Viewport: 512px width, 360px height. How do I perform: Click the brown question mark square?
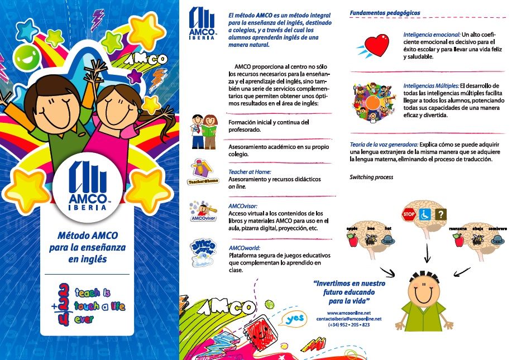441,214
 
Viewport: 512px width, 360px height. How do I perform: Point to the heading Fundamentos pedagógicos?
384,12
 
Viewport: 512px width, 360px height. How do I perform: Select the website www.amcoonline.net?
348,313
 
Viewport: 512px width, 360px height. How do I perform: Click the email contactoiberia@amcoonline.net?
348,319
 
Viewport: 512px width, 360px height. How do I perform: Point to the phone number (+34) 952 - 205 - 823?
348,325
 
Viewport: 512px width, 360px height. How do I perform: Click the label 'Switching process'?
371,177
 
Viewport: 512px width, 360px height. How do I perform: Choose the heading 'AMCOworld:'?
245,248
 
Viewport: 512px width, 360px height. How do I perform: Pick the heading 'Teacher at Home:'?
251,172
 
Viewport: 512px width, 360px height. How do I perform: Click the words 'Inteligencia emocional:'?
429,35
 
